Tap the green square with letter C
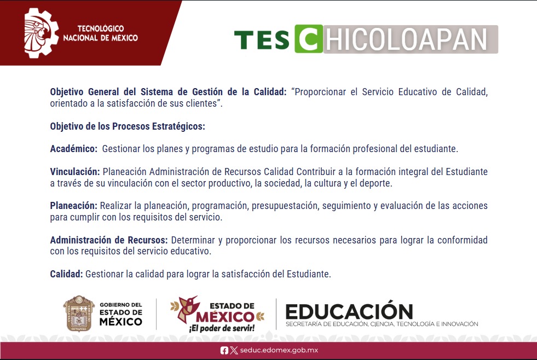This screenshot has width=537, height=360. (309, 39)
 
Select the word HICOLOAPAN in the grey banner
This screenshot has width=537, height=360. (406, 39)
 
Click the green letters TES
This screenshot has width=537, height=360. (262, 40)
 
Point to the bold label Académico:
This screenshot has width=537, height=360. (74, 149)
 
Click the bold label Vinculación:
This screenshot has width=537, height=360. (74, 171)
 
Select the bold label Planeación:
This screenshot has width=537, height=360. (74, 206)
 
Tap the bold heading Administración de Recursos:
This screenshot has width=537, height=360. (109, 240)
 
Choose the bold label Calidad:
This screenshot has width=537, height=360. (66, 274)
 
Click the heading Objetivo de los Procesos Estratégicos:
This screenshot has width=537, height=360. (128, 126)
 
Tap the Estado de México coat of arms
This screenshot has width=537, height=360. (79, 313)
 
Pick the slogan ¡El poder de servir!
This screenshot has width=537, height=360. (222, 328)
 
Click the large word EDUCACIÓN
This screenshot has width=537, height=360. (349, 311)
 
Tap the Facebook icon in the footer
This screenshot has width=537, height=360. (224, 350)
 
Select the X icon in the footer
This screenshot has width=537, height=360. (234, 350)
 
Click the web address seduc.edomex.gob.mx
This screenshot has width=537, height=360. (279, 350)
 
